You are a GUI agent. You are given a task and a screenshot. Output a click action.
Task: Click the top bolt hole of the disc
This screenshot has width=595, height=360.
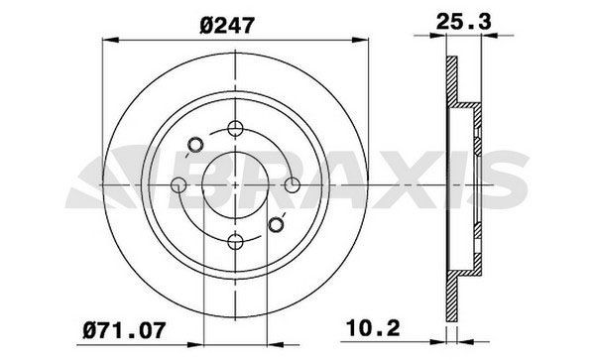pos(235,127)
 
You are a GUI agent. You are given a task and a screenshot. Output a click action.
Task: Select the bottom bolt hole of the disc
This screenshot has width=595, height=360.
pos(235,239)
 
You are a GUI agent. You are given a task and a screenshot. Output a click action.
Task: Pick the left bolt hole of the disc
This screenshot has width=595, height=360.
pos(178,183)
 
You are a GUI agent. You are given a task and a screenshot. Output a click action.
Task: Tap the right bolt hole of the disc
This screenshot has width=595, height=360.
pos(292,183)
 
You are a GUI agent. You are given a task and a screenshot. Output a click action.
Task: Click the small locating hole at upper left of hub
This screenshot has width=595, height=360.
pos(195,143)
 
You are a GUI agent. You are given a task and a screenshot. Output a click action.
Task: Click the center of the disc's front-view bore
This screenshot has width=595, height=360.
pos(235,183)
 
